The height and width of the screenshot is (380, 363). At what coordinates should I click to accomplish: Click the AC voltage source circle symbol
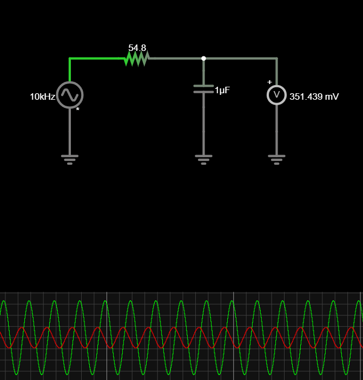coord(70,95)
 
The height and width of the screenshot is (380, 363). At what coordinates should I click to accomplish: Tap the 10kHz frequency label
coord(42,97)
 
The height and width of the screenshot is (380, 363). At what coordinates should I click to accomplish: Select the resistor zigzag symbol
coord(136,59)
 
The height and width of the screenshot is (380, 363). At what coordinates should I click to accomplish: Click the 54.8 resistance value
coord(137,48)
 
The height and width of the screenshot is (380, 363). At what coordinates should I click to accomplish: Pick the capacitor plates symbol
coord(203,89)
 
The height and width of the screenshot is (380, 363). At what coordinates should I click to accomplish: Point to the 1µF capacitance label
coord(222,91)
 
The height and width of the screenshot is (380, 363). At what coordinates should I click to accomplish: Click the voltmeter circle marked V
coord(276,95)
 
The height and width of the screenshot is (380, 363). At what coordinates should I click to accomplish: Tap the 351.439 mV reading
coord(314,96)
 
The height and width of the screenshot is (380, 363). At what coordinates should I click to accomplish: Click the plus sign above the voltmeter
coord(269,82)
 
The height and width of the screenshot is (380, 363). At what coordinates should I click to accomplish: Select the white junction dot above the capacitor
coord(203,58)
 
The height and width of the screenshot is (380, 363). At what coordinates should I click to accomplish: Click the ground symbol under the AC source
coord(70,159)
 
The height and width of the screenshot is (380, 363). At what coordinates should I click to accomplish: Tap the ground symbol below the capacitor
coord(203,159)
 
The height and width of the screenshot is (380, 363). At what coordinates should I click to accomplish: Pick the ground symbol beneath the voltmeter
coord(276,159)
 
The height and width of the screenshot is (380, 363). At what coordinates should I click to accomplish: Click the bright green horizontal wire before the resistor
coord(97,58)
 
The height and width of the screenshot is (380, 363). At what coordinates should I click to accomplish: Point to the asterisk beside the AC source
coord(78,110)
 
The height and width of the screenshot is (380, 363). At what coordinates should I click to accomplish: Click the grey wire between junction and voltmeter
coord(241,58)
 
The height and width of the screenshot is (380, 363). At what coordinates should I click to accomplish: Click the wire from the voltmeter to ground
coord(276,130)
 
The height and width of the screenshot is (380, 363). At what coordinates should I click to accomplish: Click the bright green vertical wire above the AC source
coord(70,69)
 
